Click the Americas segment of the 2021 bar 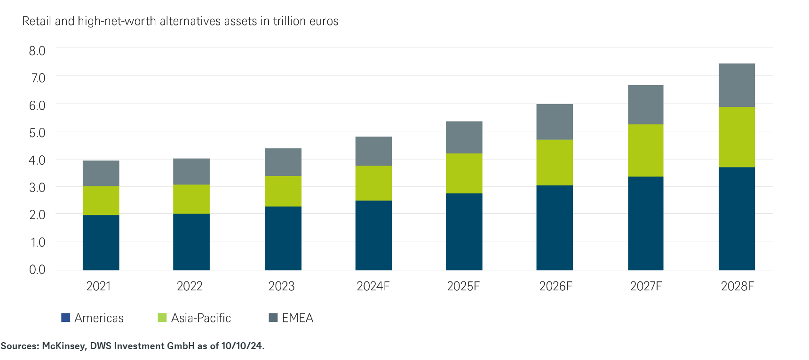(x=101, y=242)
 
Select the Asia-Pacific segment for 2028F (x=737, y=137)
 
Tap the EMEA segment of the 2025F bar (x=464, y=137)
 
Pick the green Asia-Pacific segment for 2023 (x=283, y=191)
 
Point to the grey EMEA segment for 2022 (x=191, y=171)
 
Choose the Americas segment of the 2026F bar (x=555, y=227)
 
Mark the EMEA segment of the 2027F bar (x=645, y=104)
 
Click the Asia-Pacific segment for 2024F (x=373, y=183)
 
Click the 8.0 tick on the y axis (x=37, y=51)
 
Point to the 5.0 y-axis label (x=37, y=133)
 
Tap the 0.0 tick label (x=37, y=270)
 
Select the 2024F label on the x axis (x=373, y=286)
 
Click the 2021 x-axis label (x=98, y=286)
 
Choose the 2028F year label (x=737, y=286)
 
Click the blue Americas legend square (x=66, y=318)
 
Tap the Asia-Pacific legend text (x=201, y=318)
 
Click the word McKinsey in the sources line (x=63, y=346)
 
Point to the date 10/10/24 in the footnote (x=242, y=346)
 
